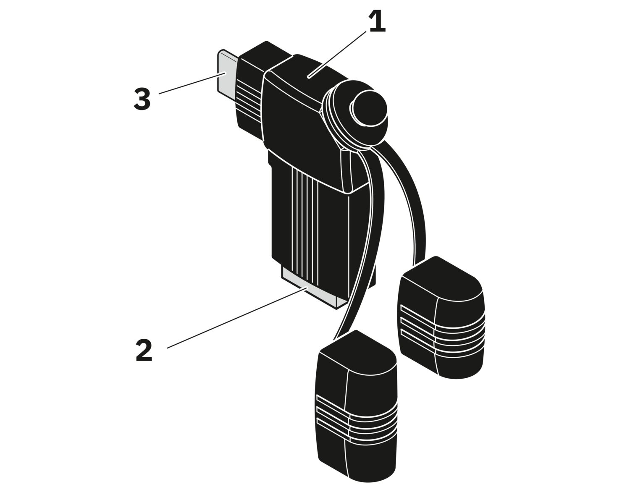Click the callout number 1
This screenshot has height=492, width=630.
[x=377, y=22]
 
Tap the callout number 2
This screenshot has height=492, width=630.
[x=144, y=351]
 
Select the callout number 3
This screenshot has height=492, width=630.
[x=142, y=99]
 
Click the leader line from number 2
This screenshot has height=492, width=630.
[x=235, y=318]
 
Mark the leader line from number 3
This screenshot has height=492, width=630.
[x=189, y=84]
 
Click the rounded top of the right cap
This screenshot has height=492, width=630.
[x=441, y=273]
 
